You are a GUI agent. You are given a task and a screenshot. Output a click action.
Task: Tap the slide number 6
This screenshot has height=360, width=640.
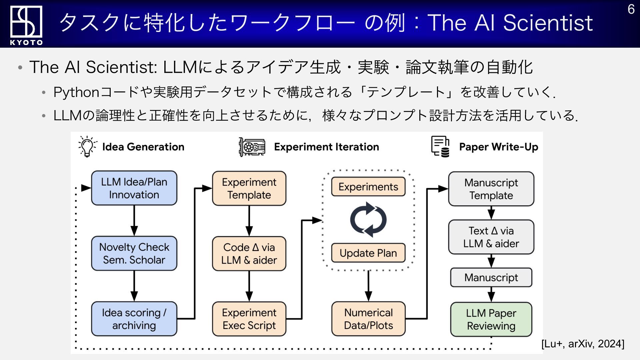[631, 9]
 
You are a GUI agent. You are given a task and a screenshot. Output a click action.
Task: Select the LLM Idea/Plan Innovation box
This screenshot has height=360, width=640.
[134, 188]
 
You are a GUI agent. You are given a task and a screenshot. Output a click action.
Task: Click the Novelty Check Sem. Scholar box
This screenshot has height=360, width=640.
[134, 253]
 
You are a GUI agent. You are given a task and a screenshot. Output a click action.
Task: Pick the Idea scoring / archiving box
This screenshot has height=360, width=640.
[134, 319]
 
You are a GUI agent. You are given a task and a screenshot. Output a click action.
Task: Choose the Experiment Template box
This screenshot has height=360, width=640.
[249, 188]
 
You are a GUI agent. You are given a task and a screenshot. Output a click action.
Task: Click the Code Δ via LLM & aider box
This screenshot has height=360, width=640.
[249, 254]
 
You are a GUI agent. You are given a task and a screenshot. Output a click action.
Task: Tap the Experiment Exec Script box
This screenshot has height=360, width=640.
[249, 319]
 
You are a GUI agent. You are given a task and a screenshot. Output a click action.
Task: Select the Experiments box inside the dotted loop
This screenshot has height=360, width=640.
[368, 187]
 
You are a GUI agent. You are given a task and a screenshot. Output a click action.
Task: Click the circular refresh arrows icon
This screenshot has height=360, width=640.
[368, 220]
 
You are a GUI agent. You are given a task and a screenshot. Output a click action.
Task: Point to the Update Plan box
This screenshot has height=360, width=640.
[368, 253]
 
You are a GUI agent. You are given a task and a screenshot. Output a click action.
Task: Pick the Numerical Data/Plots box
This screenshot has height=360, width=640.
[368, 319]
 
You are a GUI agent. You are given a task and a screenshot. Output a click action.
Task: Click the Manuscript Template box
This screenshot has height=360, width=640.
[491, 189]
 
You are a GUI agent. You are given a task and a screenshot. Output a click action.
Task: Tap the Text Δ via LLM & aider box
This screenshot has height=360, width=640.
[491, 237]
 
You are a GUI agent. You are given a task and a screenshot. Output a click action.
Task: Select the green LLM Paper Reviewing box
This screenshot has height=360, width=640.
[491, 319]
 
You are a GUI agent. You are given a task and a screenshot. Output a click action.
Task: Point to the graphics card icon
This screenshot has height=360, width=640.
[252, 147]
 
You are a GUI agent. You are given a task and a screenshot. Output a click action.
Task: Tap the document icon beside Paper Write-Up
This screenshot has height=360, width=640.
[440, 146]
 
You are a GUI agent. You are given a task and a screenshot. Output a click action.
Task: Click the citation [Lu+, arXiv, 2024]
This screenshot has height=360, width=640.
[583, 344]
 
